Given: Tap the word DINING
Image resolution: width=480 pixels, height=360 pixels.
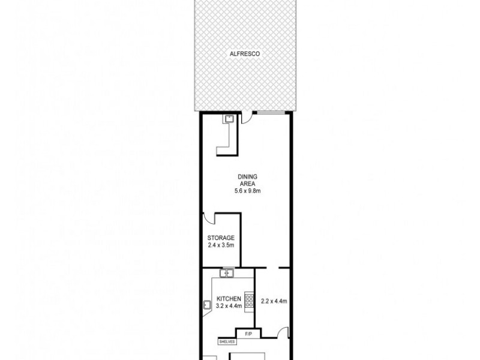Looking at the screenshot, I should point(247,176).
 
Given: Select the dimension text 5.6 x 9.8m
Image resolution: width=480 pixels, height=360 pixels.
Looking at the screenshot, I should point(247,191).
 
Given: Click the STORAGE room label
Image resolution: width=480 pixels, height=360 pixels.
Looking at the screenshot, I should point(220,238).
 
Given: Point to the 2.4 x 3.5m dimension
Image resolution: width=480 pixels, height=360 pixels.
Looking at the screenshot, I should point(220,245).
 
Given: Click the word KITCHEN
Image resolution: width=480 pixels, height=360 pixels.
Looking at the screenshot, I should point(229,299).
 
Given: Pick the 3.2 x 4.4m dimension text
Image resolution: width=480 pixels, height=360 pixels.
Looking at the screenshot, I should point(229,306).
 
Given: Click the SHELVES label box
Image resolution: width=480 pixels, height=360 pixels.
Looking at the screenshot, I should point(227,341).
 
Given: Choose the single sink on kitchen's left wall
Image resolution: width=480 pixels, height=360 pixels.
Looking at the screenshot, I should point(207,305).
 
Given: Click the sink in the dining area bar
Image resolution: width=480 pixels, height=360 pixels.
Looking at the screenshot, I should point(229,119).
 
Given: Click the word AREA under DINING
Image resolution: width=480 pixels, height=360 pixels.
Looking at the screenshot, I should point(247,184).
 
